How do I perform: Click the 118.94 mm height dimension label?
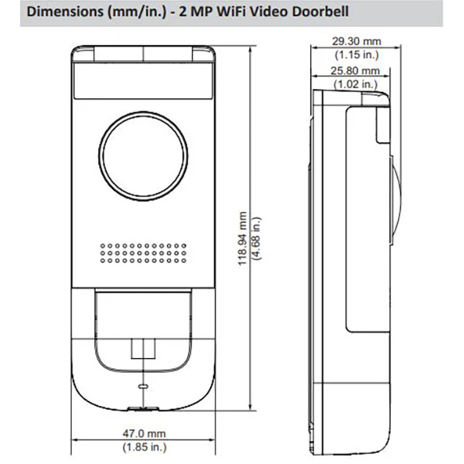coord(242,238)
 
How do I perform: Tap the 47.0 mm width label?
coord(144,434)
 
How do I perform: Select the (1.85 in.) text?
coord(145,447)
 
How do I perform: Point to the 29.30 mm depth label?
coord(357,41)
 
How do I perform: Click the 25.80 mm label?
coord(355,70)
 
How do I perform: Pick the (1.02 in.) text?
coord(356,84)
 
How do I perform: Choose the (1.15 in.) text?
coord(357,54)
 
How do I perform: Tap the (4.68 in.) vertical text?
coord(256,238)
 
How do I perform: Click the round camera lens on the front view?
coord(143,156)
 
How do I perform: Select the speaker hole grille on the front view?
coord(143,254)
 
